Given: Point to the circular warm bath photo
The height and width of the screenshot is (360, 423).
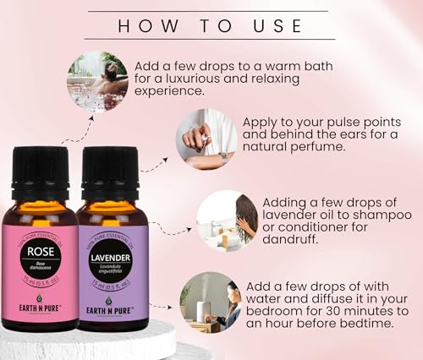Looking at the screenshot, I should point(95,81).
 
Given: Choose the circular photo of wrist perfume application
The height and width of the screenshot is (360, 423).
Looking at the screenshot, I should point(205,137).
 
